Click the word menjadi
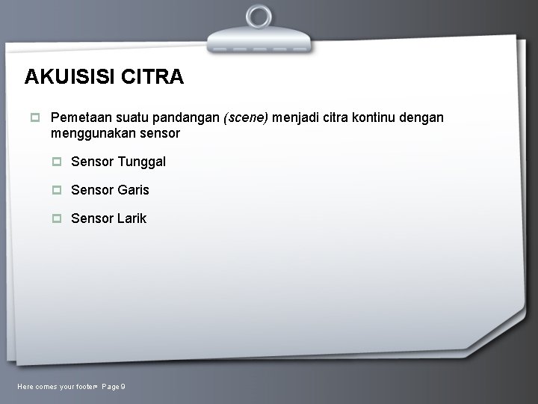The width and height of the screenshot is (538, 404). click(x=297, y=117)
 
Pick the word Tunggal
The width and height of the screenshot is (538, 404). click(x=142, y=162)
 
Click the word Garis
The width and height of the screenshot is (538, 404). click(x=134, y=190)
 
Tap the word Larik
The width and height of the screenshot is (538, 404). click(x=132, y=218)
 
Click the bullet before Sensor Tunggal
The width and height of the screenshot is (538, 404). click(x=57, y=162)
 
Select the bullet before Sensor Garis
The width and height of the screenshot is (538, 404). click(x=57, y=190)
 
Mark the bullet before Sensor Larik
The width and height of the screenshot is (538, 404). click(x=57, y=218)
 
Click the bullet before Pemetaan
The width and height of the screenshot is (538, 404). click(x=34, y=117)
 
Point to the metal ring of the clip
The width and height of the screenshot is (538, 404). click(x=259, y=16)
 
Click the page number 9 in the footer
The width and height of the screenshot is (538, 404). click(x=123, y=386)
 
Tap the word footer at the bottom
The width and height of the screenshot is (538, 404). click(x=87, y=386)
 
